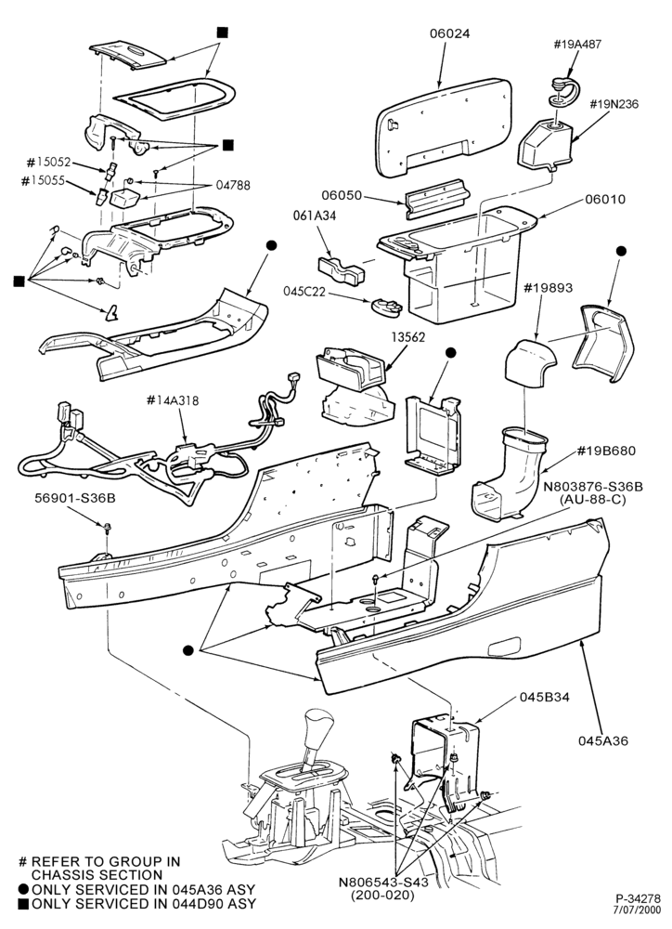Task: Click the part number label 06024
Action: click(449, 33)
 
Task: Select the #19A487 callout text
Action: click(578, 44)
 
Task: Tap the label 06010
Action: click(604, 199)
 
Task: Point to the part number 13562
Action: click(408, 337)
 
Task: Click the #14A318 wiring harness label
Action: click(173, 400)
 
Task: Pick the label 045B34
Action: click(545, 698)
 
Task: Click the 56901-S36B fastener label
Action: click(74, 499)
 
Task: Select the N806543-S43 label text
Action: click(383, 882)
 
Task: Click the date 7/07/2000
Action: click(641, 909)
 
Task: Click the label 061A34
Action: click(315, 216)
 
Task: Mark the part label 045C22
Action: click(304, 292)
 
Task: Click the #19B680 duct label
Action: click(606, 451)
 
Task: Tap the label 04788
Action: click(233, 186)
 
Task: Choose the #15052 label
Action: click(48, 162)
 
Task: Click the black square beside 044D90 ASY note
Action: click(24, 905)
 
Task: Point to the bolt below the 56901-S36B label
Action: click(107, 526)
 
